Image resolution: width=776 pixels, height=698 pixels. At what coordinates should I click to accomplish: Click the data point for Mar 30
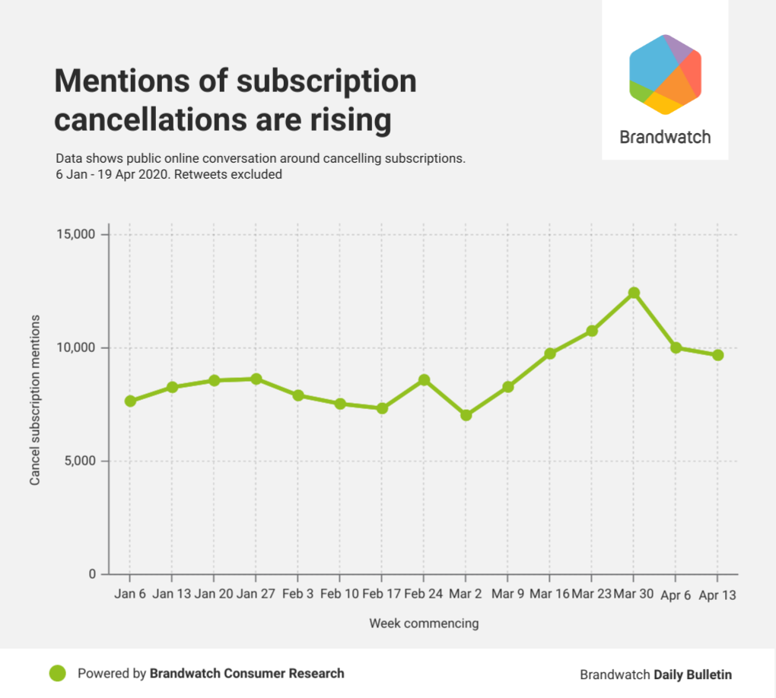pos(634,293)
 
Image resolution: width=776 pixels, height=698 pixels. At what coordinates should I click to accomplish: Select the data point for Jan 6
pos(130,401)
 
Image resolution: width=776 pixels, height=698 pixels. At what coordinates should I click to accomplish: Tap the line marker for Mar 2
pos(466,415)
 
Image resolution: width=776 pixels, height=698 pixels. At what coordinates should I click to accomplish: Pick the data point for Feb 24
pos(425,379)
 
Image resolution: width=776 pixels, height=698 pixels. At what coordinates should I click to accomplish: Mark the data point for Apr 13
pos(717,355)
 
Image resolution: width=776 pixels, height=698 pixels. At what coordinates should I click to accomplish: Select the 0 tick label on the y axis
pos(91,574)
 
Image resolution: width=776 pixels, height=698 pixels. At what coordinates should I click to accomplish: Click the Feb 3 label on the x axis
pos(298,594)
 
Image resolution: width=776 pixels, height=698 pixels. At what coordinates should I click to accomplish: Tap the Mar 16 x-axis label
pos(549,594)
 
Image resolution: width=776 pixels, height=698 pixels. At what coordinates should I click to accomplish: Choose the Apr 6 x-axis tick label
pos(676,595)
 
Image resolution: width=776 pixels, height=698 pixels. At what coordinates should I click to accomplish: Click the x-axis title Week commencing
pos(424,623)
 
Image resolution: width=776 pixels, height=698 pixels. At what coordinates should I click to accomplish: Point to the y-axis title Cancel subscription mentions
pos(35,399)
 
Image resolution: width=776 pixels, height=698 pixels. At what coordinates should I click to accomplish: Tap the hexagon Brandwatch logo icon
pos(665,75)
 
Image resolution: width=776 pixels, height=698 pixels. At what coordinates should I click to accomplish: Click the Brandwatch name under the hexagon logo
pos(665,138)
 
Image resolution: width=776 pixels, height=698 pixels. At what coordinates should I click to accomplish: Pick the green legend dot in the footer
pos(58,674)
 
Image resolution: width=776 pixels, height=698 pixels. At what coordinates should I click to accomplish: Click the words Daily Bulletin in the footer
pos(692,674)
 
